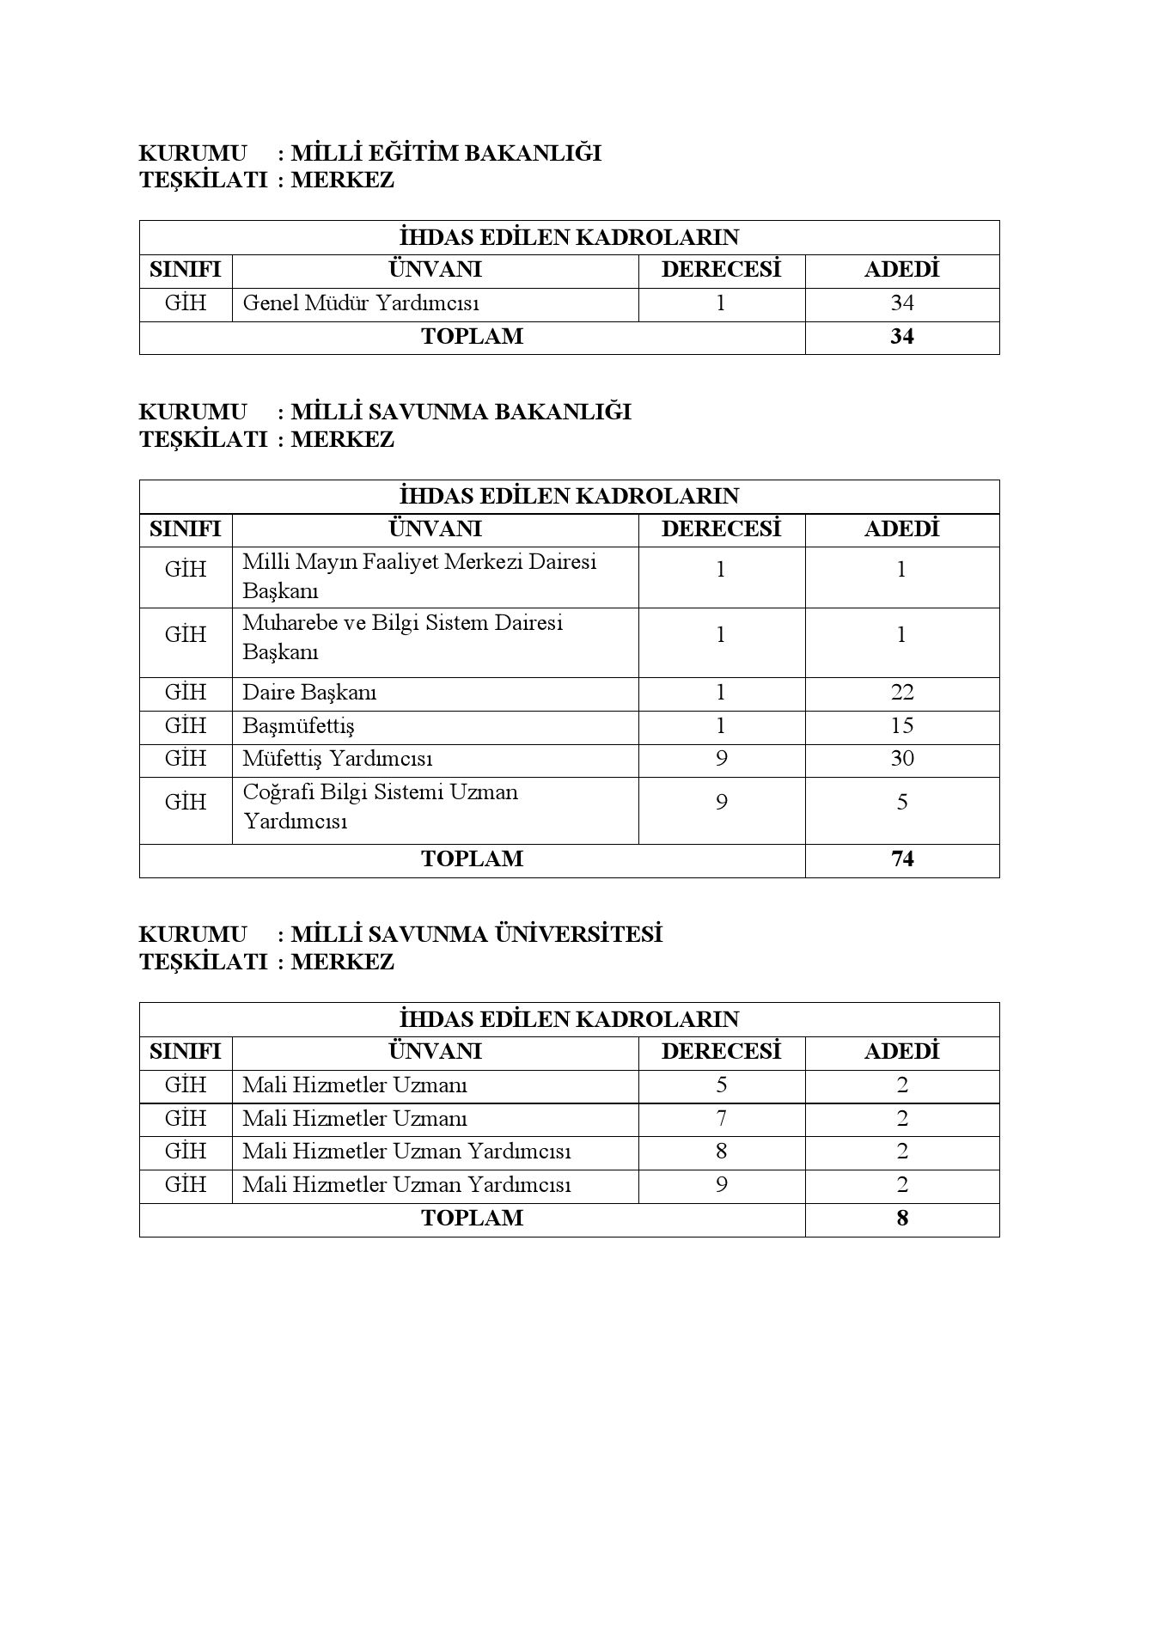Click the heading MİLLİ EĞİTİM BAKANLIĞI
coord(445,154)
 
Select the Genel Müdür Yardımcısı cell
coord(361,303)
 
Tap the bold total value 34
coord(901,337)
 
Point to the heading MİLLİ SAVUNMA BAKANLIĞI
coord(461,412)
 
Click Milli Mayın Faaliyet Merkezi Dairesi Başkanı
coord(419,577)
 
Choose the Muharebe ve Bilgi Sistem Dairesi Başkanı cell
coord(402,637)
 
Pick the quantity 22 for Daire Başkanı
coord(901,693)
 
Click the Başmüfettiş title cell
coord(298,726)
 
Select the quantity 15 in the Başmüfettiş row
coord(901,726)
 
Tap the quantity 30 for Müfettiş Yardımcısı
coord(901,759)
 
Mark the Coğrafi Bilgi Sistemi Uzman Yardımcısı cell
coord(380,806)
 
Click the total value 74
coord(901,859)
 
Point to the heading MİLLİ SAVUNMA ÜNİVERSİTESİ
coord(476,935)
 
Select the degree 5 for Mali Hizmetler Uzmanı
coord(721,1085)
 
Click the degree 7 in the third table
coord(721,1119)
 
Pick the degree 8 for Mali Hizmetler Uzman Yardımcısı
coord(721,1152)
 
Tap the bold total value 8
coord(901,1219)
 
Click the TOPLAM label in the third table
coord(472,1219)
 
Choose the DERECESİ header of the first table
coord(721,270)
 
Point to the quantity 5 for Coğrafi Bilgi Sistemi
coord(901,803)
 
